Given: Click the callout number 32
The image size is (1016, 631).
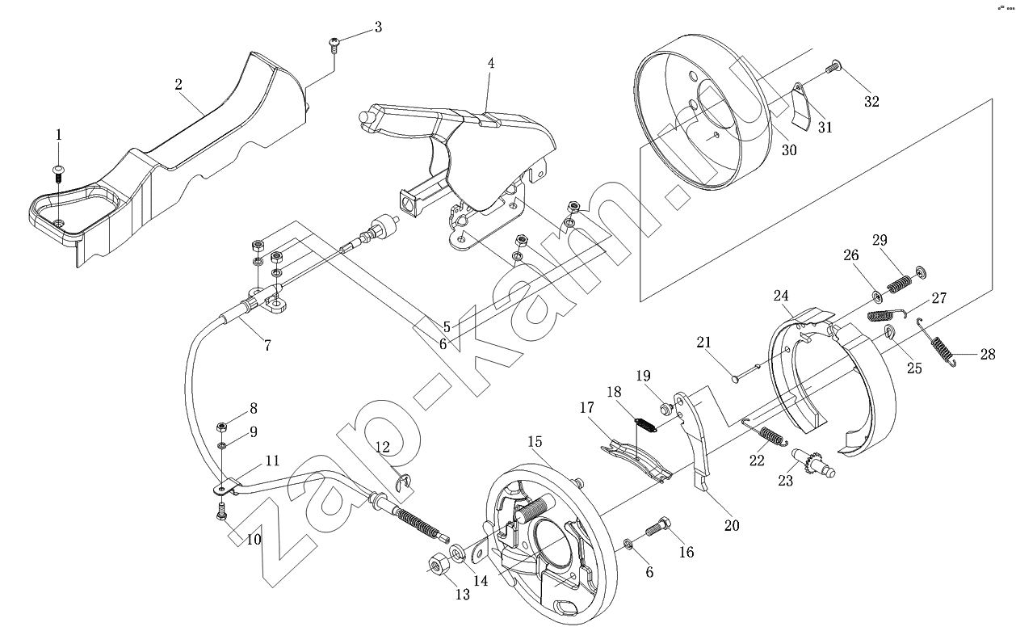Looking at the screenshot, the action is [871, 101].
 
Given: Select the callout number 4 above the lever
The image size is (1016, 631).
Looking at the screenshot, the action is [491, 63].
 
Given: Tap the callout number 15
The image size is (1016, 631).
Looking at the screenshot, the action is [535, 441].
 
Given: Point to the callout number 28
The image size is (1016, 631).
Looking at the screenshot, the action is [988, 354].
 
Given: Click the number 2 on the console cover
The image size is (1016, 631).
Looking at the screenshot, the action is [178, 84].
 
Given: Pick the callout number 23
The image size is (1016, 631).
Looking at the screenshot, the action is [785, 481].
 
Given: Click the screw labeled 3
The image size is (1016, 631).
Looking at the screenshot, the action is [334, 45].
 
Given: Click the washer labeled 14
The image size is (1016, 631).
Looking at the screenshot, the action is [456, 553].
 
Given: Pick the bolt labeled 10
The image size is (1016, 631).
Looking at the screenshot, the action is [221, 511].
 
